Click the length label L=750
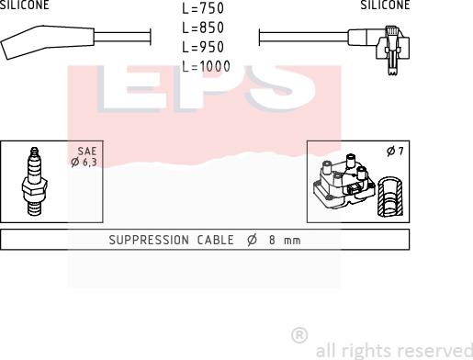pos(203,8)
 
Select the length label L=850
pos(203,28)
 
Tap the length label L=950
pos(203,47)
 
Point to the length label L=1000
pos(206,66)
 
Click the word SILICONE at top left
pos(24,5)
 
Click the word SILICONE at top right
pos(385,5)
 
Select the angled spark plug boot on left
pos(48,42)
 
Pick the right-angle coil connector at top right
pos(379,49)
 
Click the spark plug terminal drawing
pos(34,181)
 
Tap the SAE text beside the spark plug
pos(87,151)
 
